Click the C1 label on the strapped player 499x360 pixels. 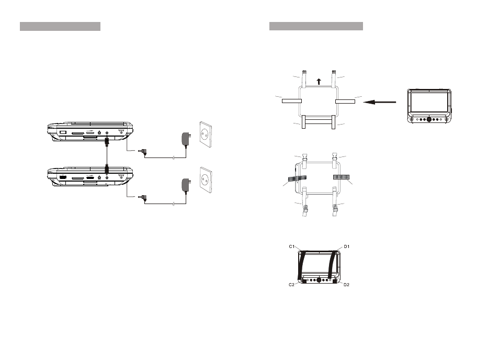[292, 246]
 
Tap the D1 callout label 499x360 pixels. [347, 246]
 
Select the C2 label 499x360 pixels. [291, 285]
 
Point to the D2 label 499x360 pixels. [346, 285]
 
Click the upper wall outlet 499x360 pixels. [206, 134]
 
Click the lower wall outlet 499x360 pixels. [206, 180]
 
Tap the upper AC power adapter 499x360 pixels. [186, 139]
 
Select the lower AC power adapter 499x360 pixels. [186, 185]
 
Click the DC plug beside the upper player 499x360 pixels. [142, 152]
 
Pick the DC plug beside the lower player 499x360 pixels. [142, 198]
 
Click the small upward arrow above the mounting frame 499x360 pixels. [319, 82]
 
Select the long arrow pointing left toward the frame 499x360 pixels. [379, 102]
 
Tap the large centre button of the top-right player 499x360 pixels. [429, 120]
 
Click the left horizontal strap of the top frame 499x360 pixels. [292, 101]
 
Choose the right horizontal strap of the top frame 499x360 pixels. [345, 102]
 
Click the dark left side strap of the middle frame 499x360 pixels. [297, 178]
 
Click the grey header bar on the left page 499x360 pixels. [60, 26]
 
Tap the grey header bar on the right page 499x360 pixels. [316, 26]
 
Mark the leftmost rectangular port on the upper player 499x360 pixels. [63, 132]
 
